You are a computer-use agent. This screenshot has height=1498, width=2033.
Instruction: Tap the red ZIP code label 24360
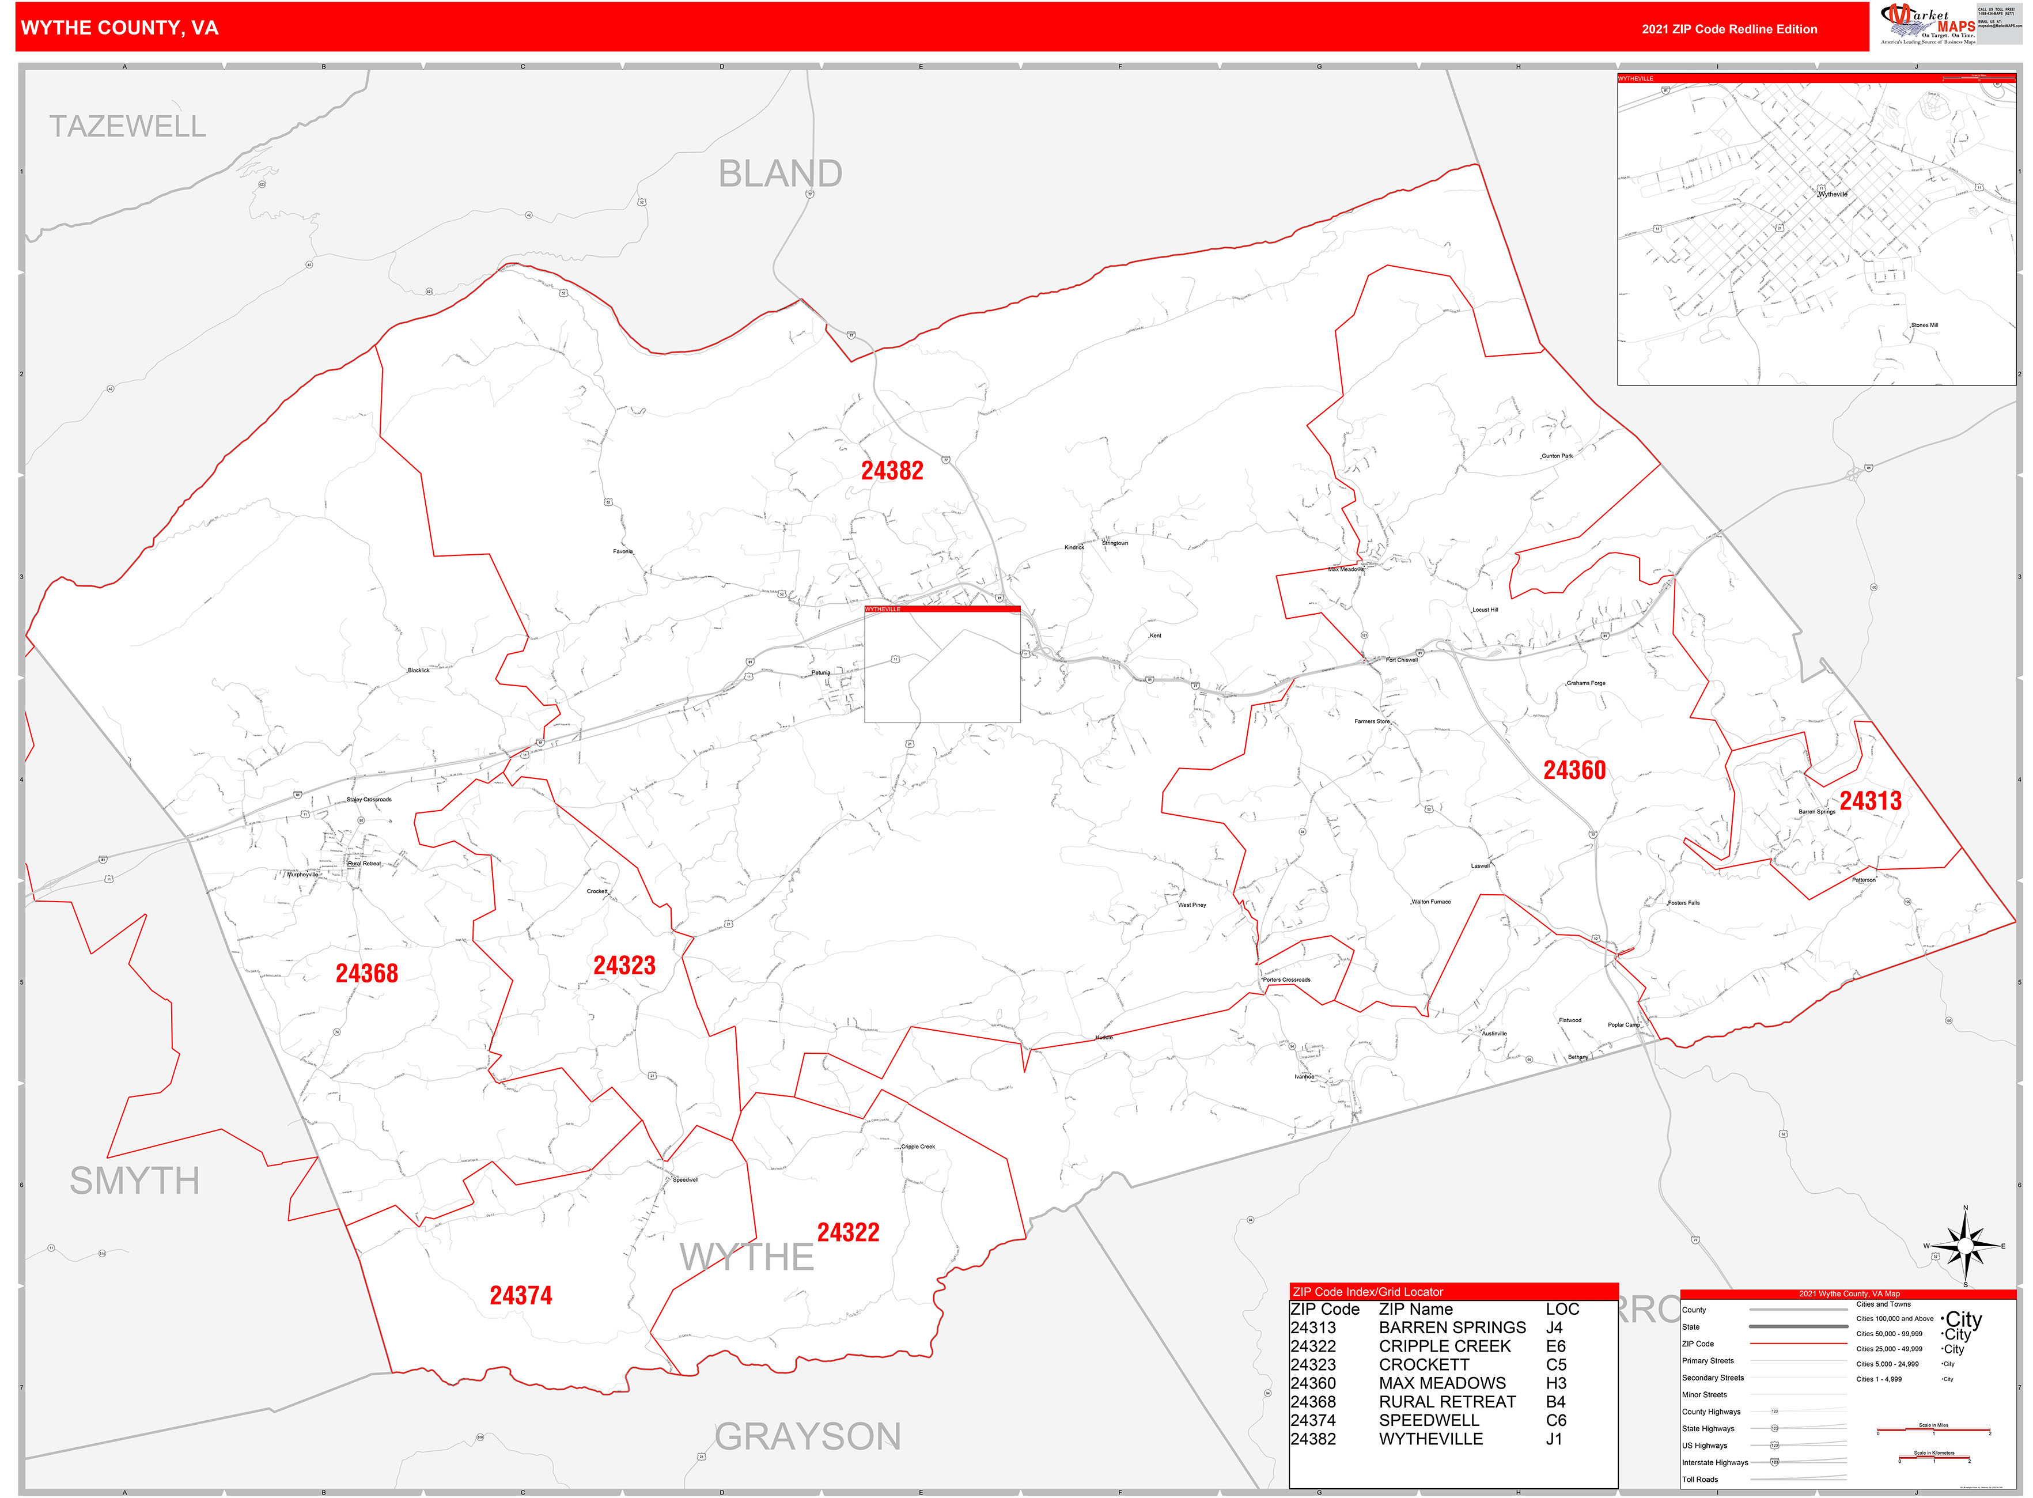point(1574,770)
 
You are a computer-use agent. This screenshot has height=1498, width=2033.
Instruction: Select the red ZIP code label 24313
point(1870,801)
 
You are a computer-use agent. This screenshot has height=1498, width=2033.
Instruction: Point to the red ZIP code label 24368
point(366,973)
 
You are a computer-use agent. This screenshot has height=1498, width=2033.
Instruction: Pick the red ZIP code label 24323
point(624,965)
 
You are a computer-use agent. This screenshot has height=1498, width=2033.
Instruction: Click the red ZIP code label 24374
point(520,1295)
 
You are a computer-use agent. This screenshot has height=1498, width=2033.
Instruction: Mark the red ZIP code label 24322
point(848,1232)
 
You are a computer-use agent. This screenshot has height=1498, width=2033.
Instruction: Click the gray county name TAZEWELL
point(128,126)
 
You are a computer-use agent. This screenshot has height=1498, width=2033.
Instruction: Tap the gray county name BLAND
point(780,173)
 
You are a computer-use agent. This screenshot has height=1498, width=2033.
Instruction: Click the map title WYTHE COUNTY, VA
point(120,28)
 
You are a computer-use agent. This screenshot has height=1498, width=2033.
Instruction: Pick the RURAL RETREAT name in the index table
point(1447,1401)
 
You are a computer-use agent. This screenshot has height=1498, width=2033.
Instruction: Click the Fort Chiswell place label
point(1401,660)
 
